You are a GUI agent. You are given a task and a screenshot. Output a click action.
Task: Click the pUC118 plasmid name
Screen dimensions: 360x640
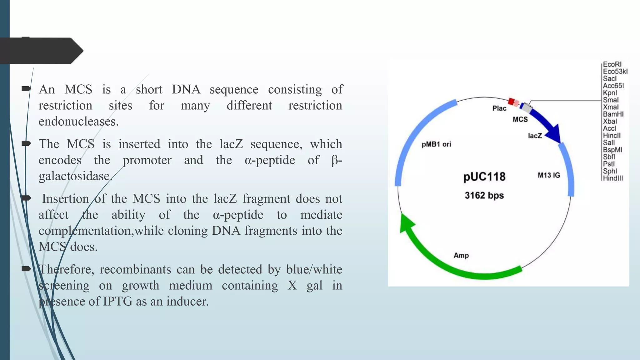point(484,177)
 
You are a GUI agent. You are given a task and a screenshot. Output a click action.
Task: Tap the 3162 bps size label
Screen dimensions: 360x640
point(484,196)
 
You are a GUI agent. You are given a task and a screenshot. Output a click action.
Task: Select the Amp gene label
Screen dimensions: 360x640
point(461,256)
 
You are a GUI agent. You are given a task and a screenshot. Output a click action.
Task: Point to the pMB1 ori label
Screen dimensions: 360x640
point(436,144)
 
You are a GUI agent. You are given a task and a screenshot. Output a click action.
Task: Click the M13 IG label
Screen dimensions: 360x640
point(549,175)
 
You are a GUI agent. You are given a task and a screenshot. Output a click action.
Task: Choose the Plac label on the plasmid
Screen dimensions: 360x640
point(499,108)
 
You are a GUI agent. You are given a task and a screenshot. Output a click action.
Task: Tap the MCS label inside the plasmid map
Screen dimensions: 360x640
point(520,119)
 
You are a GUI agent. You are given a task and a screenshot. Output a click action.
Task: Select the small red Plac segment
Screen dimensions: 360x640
point(511,101)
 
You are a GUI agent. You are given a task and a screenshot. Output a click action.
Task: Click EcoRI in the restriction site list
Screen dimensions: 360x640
point(612,64)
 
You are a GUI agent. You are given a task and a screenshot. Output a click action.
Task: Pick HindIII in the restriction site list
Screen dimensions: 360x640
point(613,178)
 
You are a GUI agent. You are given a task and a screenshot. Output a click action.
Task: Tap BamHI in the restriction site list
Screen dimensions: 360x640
point(613,114)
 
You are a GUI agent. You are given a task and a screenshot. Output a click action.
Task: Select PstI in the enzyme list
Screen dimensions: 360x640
point(609,164)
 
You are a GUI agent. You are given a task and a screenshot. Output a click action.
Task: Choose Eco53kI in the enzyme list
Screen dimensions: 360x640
point(615,72)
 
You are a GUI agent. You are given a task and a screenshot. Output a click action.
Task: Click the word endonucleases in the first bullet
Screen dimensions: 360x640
point(78,122)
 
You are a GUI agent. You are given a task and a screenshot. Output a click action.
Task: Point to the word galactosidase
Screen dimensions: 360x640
point(75,176)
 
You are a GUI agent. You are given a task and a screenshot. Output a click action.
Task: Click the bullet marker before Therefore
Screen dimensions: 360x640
point(26,269)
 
